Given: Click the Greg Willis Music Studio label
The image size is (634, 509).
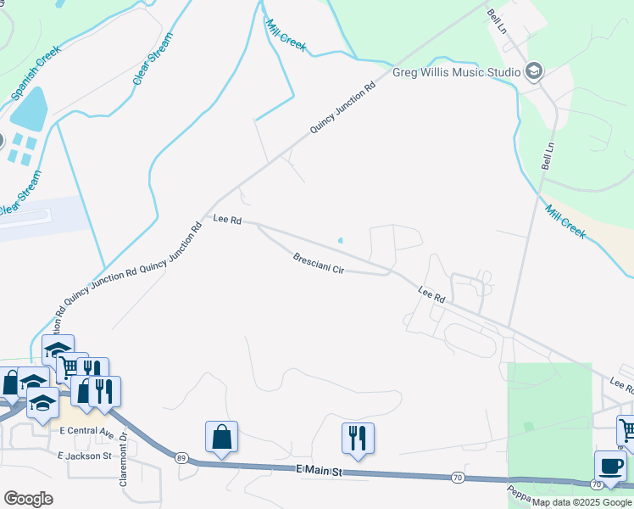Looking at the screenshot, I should [x=456, y=72].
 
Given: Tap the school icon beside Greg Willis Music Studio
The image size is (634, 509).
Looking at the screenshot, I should [x=534, y=71].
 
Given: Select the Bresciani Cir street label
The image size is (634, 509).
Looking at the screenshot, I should [x=318, y=263].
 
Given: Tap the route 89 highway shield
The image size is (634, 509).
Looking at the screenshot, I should [x=181, y=458].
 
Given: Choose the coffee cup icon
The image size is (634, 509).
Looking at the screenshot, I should [x=609, y=466].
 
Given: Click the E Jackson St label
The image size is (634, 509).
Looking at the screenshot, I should [x=85, y=456].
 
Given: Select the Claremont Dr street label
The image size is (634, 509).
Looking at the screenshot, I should [x=124, y=447].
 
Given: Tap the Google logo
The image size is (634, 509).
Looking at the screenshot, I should [x=28, y=498].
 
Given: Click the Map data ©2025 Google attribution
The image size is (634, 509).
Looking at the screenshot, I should [x=582, y=502].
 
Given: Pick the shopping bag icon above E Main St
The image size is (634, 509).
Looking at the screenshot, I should [x=221, y=437].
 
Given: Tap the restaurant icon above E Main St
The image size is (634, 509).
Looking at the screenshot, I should [x=358, y=438].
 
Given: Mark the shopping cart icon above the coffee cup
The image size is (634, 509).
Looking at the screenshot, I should [x=628, y=430].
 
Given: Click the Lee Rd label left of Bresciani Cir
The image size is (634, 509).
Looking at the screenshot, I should [x=227, y=220].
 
